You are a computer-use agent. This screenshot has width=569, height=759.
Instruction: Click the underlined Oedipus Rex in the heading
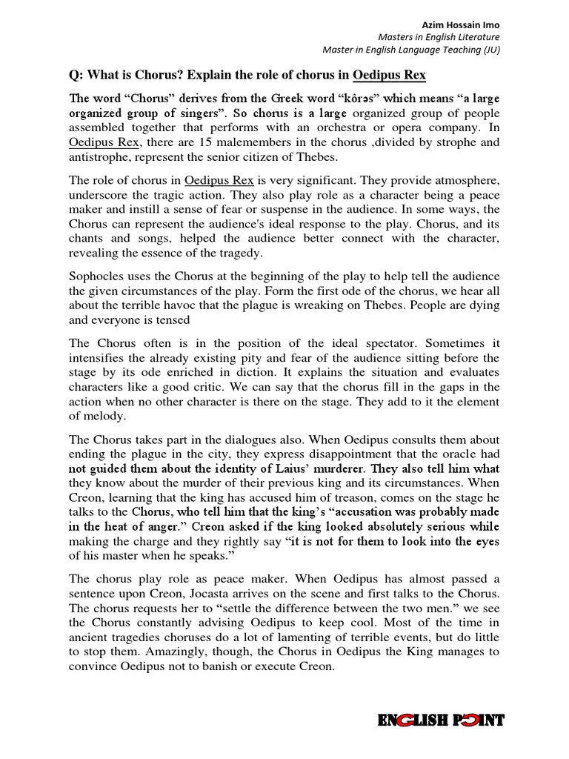[389, 76]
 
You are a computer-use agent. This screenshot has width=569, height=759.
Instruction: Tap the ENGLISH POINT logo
[442, 720]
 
